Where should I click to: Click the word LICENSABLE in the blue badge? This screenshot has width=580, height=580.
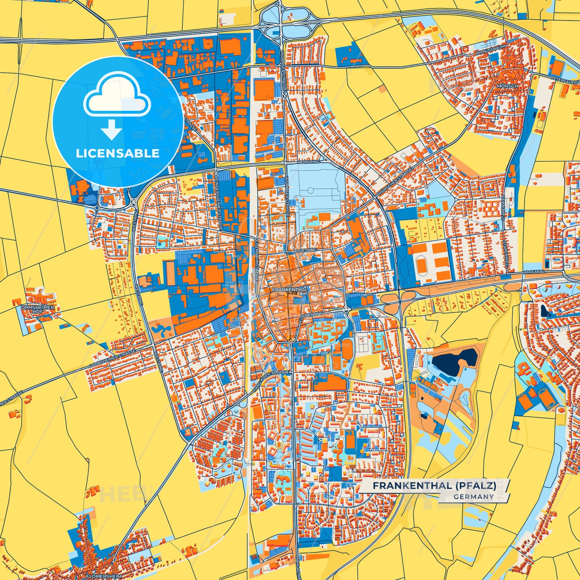coord(118,153)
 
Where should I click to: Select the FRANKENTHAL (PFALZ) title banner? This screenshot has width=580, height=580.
coord(434,486)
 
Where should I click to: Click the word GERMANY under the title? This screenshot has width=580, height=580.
coord(474,497)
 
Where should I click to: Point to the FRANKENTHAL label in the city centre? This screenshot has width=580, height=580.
coord(289,289)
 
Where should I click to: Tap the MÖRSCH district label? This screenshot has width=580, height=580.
coord(507,86)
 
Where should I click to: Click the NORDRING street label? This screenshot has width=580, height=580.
coord(309,163)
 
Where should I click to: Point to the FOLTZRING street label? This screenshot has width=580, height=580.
coord(306,250)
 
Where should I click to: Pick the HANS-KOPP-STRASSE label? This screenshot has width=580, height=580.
coord(271,382)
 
